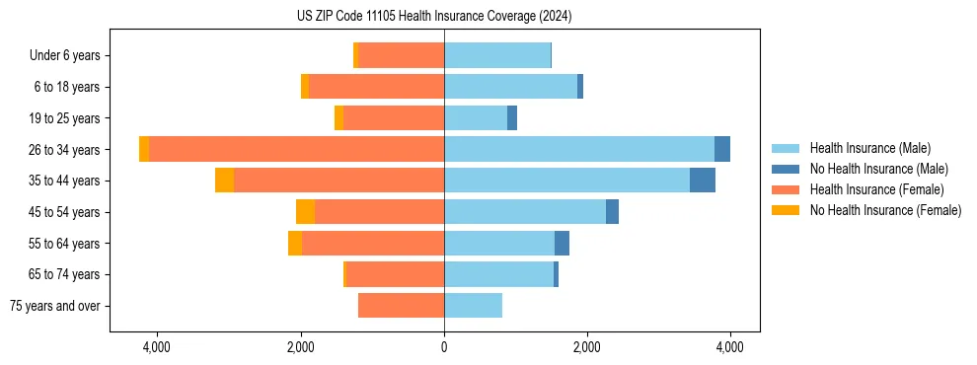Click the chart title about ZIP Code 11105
point(434,17)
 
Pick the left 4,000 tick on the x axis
point(157,347)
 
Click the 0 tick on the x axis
point(444,347)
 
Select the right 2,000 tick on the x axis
point(587,347)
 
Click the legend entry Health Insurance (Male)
point(869,148)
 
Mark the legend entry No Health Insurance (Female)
point(885,210)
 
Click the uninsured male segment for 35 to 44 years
point(702,181)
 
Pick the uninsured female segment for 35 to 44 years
point(224,181)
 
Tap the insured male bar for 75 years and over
point(473,306)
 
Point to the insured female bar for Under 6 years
point(401,56)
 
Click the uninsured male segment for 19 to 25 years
point(512,118)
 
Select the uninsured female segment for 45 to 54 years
point(305,212)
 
